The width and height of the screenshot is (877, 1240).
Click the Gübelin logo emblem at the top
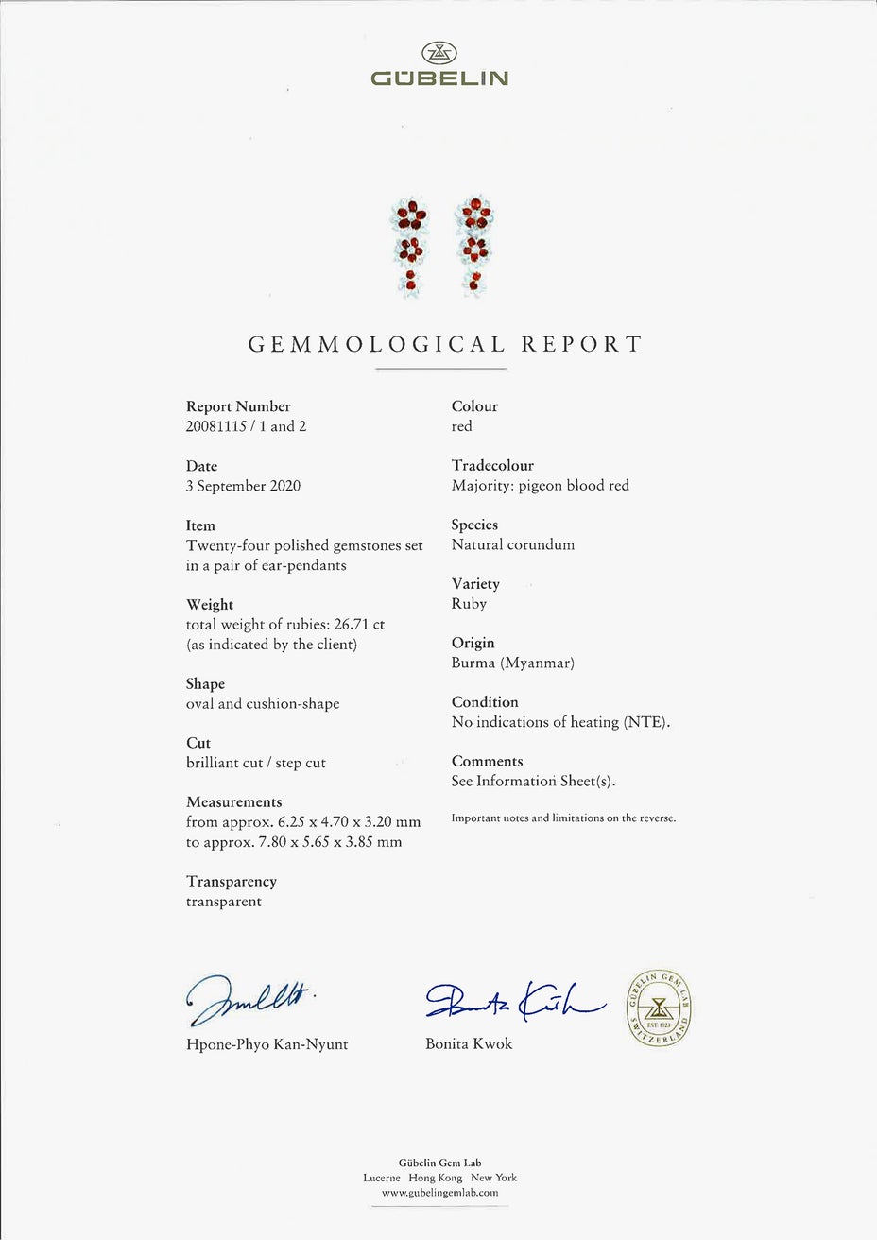pos(438,53)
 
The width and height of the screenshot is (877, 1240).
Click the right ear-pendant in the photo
pos(475,248)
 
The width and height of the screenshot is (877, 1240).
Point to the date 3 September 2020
pos(243,486)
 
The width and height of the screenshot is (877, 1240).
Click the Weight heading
pos(210,605)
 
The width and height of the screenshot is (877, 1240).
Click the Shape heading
pos(205,684)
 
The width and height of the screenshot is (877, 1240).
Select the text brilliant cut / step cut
pos(256,763)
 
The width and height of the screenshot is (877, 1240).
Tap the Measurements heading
pos(233,802)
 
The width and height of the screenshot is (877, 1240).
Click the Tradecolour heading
pos(492,466)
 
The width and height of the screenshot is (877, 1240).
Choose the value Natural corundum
pos(512,545)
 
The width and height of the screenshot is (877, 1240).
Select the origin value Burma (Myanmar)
pos(512,663)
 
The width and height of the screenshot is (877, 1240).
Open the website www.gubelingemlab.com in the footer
pos(439,1193)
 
